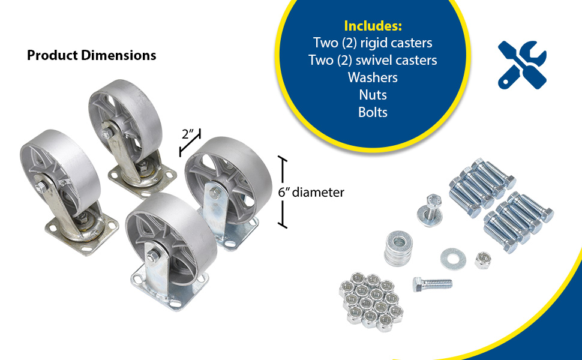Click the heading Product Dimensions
point(91,55)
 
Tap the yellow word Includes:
point(373,26)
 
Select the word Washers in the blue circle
point(373,77)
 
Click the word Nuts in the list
point(373,95)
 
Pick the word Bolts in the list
point(373,112)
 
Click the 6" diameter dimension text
point(311,192)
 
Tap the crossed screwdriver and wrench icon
point(522,65)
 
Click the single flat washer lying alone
point(453,259)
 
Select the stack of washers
point(399,248)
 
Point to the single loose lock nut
point(482,260)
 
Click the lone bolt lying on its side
point(433,284)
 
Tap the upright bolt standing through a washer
point(431,211)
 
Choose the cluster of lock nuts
point(371,302)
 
